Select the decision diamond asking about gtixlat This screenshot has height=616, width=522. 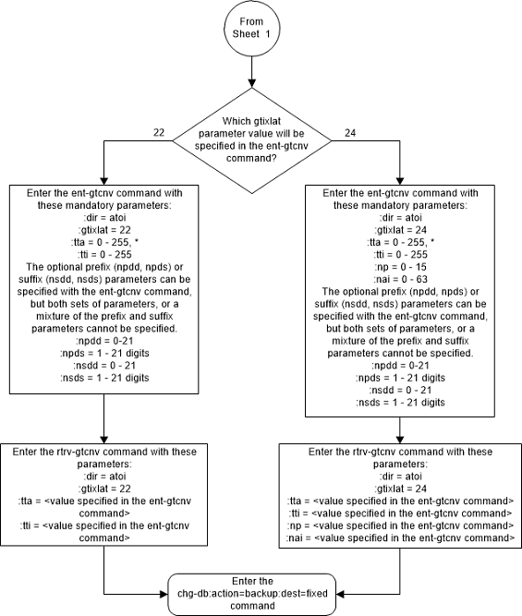tap(251, 140)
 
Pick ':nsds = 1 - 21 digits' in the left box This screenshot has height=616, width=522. tap(105, 380)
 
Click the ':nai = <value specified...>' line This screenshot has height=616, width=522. tap(400, 537)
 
